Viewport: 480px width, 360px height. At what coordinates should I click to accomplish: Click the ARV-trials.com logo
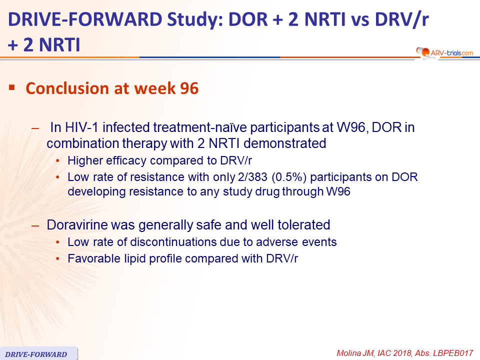(x=444, y=52)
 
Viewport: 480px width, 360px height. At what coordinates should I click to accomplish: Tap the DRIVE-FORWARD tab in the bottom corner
(x=38, y=353)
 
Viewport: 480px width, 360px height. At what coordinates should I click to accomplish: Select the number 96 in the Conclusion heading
(x=189, y=88)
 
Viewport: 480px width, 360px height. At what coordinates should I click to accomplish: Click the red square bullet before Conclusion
(x=12, y=88)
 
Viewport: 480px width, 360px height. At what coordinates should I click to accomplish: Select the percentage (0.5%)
(x=289, y=177)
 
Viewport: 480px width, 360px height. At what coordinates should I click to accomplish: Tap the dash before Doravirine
(x=35, y=226)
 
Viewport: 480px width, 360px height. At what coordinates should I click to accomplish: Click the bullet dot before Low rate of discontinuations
(x=57, y=242)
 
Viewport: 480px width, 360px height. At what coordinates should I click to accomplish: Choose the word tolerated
(x=303, y=224)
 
